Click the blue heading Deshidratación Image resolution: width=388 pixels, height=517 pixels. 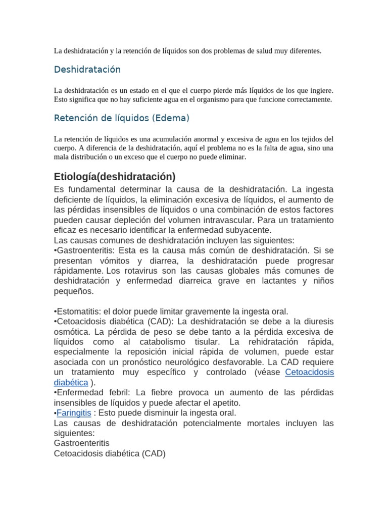point(87,69)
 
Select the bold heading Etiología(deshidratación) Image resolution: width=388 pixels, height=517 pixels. point(115,177)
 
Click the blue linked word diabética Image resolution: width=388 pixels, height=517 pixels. point(71,382)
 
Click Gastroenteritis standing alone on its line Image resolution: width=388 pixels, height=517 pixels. point(81,443)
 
